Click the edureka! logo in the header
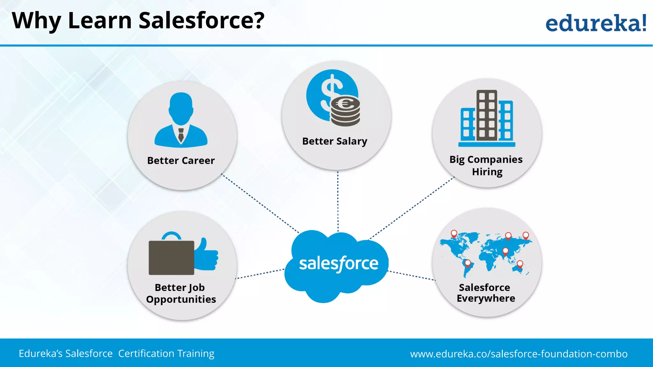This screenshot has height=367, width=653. tap(596, 23)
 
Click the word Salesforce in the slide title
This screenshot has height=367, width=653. tap(202, 20)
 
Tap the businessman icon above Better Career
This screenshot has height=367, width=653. tap(181, 119)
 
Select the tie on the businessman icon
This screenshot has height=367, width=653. tap(181, 135)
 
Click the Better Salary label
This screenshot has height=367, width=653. tap(334, 141)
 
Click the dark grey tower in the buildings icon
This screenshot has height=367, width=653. tap(487, 115)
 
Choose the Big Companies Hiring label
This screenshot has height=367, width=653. tap(486, 165)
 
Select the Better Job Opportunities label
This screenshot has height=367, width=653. tap(181, 293)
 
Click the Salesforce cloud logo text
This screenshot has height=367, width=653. tap(338, 264)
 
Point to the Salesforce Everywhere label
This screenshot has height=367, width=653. tap(486, 293)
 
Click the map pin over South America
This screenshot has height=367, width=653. tap(468, 263)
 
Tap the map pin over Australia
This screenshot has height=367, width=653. tap(520, 264)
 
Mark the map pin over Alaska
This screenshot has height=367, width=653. tap(454, 234)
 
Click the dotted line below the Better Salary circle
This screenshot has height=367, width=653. tap(338, 201)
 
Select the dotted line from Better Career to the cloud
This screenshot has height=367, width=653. tap(260, 203)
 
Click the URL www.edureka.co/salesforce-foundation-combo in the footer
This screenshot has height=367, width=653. tap(519, 354)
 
